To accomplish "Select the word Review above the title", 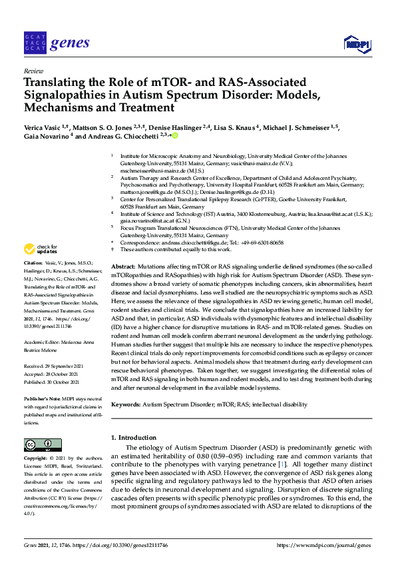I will [33, 70].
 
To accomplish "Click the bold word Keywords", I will [126, 404].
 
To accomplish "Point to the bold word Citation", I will [35, 282].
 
